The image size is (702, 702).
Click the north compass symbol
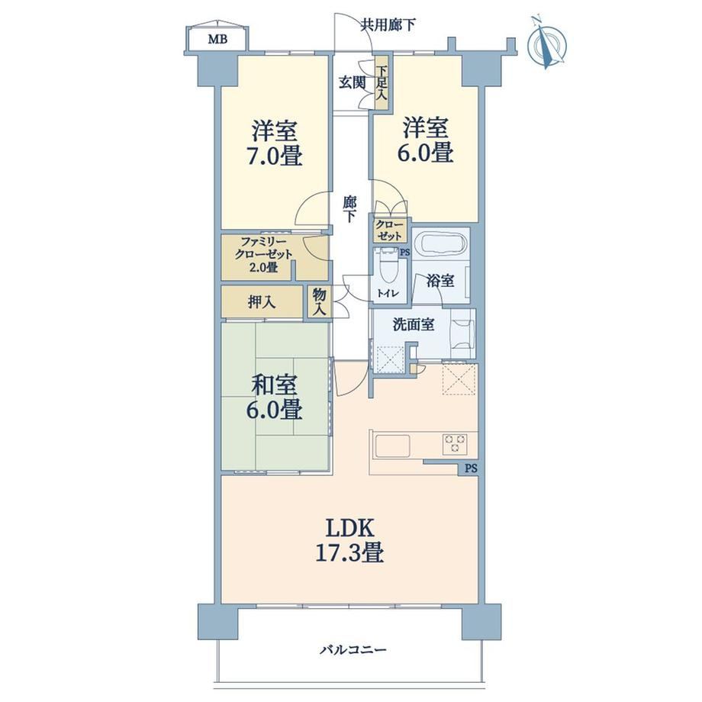tap(546, 43)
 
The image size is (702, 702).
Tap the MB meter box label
tap(217, 40)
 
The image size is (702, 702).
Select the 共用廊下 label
tap(388, 25)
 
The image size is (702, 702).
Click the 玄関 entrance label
tap(352, 82)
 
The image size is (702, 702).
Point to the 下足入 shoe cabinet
tap(382, 83)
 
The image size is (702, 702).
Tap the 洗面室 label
tap(414, 324)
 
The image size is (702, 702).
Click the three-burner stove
tap(455, 444)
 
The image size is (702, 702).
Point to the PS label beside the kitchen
tap(471, 469)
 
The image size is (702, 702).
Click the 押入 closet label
tap(262, 303)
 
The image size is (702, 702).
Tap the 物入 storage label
tap(320, 302)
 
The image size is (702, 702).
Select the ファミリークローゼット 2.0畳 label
tap(266, 255)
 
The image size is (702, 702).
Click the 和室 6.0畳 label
tap(274, 398)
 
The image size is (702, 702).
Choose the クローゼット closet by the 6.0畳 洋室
tap(389, 230)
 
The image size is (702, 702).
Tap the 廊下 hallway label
tap(349, 208)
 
